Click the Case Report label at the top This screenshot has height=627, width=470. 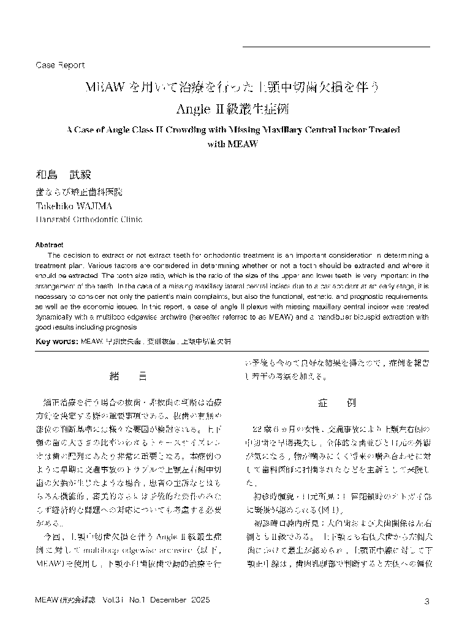click(x=60, y=65)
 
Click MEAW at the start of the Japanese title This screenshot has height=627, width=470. click(x=105, y=88)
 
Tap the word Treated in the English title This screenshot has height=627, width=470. click(x=381, y=130)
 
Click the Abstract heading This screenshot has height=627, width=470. click(x=50, y=244)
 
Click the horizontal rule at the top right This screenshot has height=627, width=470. click(x=336, y=47)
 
